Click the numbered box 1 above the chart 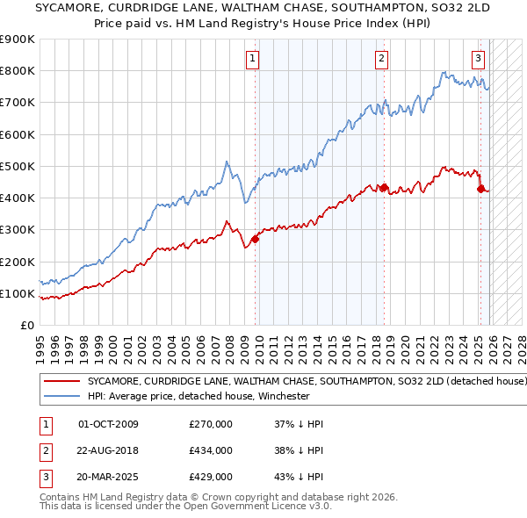pos(252,59)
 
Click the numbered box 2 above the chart pos(382,59)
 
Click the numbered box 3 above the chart pos(478,59)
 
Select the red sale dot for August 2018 pos(385,187)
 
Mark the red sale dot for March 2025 pos(480,189)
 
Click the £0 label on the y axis pos(26,325)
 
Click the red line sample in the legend pos(62,382)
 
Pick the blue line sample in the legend pos(62,396)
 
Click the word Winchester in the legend pos(282,396)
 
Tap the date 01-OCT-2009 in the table pos(108,424)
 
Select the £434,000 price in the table pos(211,450)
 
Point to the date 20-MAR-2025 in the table pos(109,477)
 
